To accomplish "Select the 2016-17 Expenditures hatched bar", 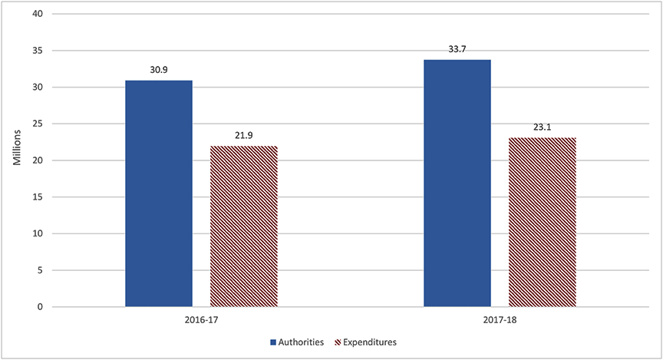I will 244,226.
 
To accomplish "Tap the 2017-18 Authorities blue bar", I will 457,183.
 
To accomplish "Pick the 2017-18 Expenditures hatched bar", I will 543,222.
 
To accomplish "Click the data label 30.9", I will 158,70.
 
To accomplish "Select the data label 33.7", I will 457,49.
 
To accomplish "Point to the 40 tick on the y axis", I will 37,14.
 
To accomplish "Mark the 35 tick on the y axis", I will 37,51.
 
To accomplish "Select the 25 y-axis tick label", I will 37,124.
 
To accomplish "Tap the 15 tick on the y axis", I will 37,197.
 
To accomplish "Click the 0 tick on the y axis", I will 39,307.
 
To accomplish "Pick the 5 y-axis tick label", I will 39,270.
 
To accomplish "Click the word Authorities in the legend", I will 302,342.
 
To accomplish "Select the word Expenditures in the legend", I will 371,342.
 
